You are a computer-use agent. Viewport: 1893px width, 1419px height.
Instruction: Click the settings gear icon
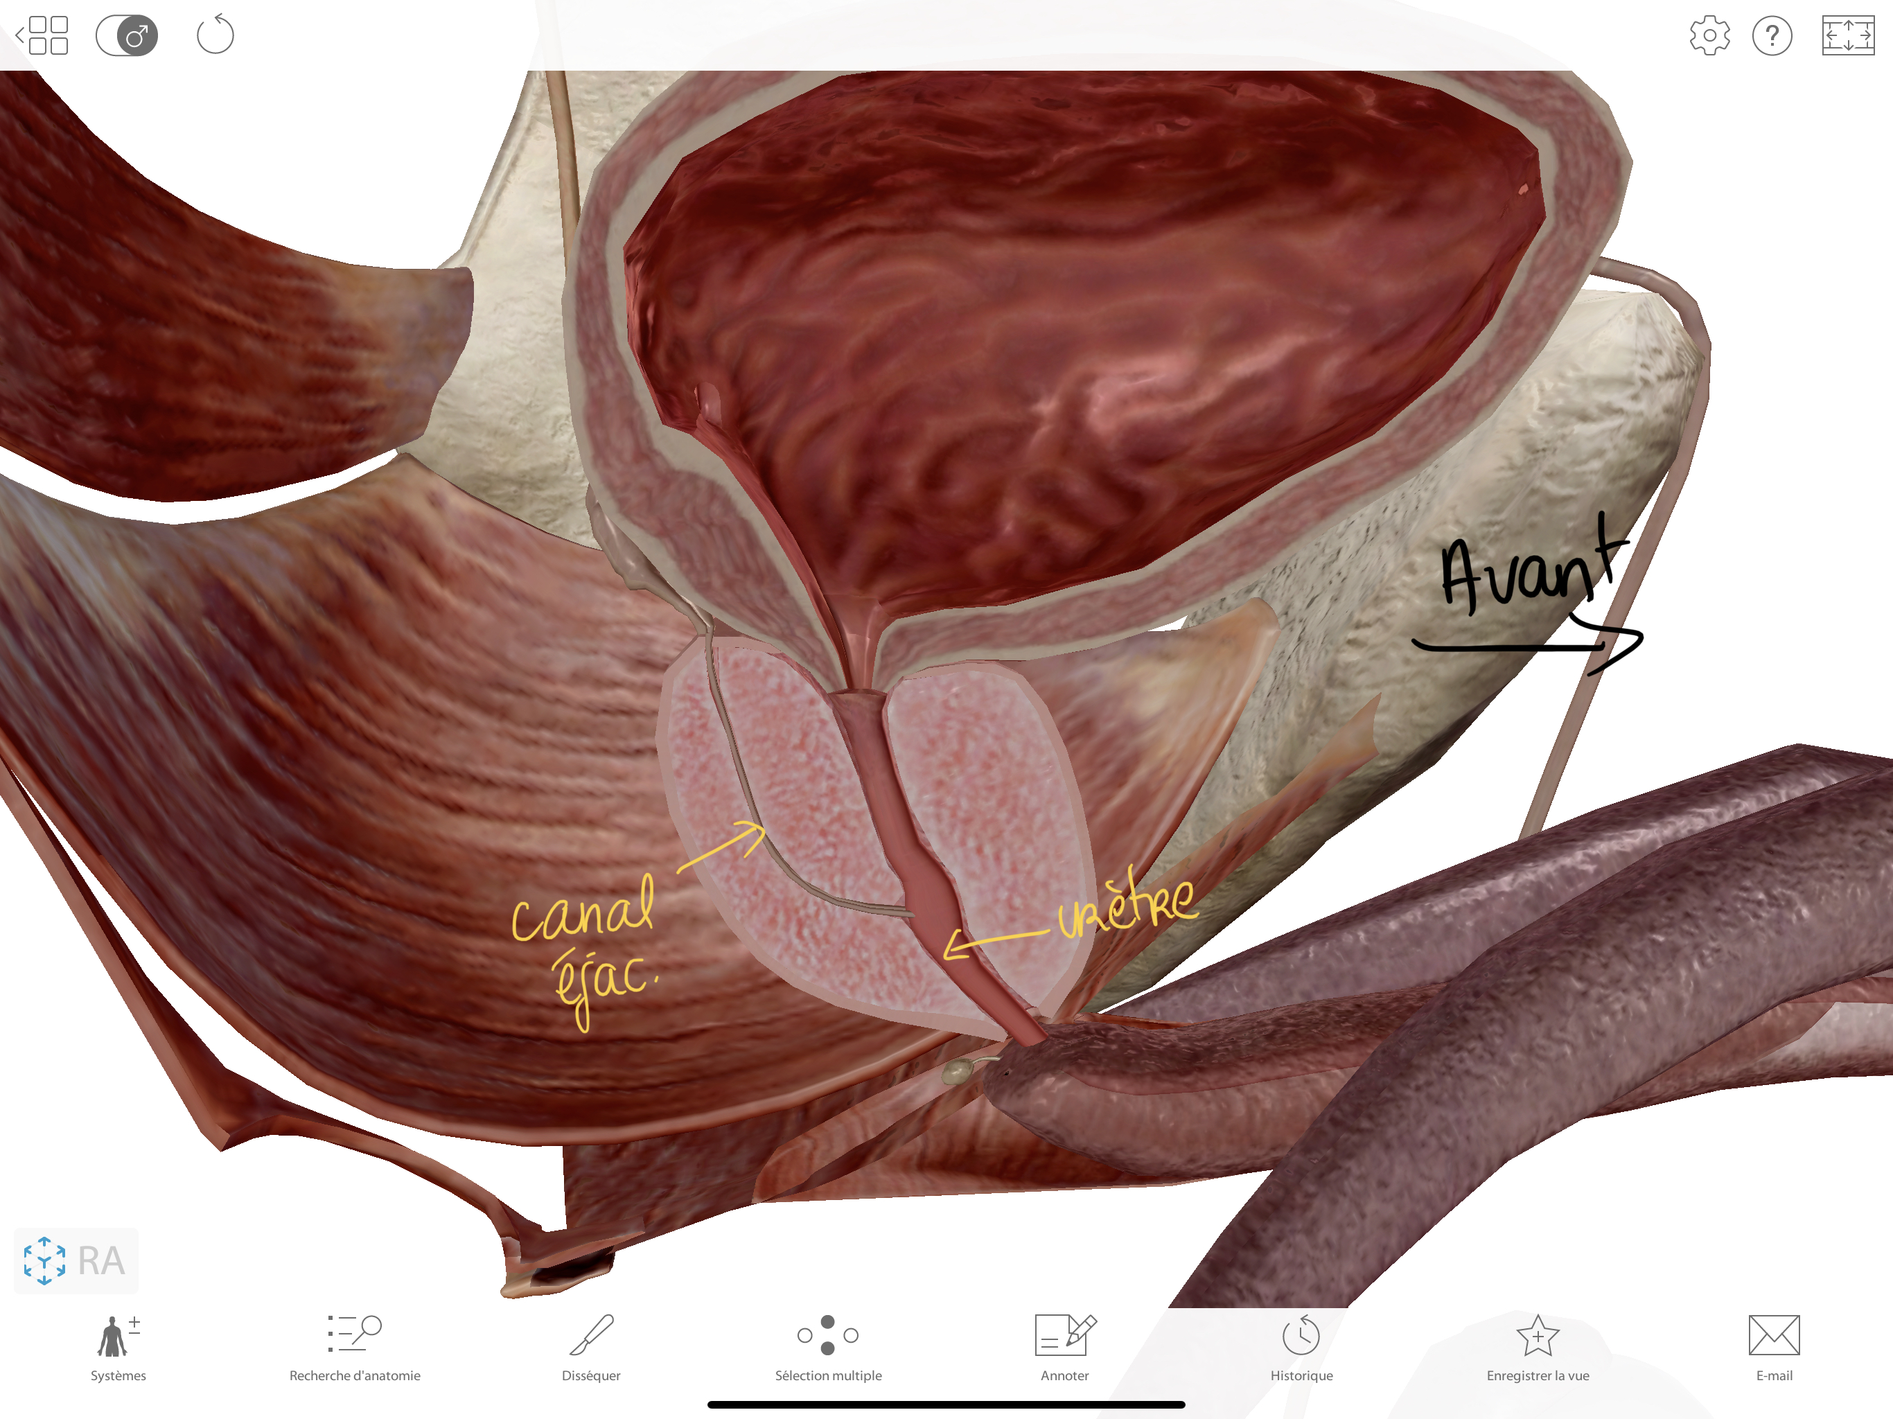[1709, 36]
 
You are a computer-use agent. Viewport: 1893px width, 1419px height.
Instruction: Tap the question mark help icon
[1772, 36]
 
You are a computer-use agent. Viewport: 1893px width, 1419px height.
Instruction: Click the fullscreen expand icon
[1848, 36]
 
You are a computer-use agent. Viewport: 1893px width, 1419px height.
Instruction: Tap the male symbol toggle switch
[127, 36]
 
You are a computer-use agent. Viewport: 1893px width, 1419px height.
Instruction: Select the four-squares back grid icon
[42, 35]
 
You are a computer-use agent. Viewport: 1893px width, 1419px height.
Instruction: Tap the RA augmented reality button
[76, 1260]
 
